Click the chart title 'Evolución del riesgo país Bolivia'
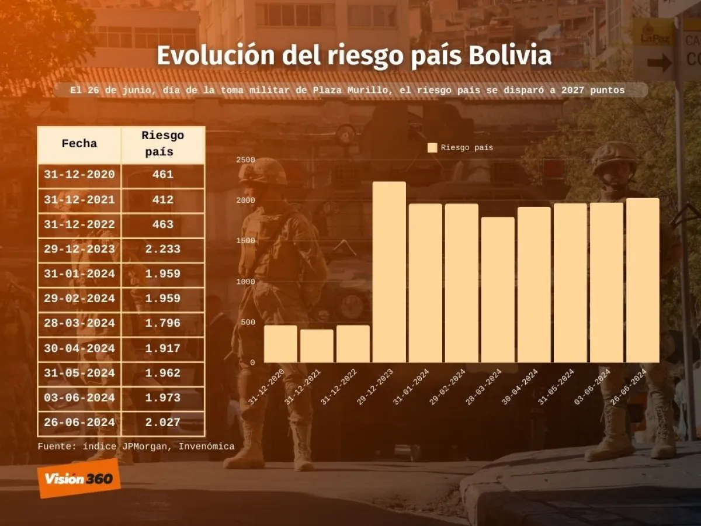[x=353, y=57]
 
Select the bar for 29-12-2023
[x=389, y=272]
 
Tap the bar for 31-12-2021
[x=317, y=346]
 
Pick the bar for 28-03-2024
[x=498, y=289]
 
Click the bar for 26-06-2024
[x=643, y=280]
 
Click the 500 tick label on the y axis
[x=248, y=322]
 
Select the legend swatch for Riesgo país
[x=432, y=148]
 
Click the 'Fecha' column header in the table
[x=79, y=144]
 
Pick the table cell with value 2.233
[x=162, y=249]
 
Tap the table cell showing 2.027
[x=162, y=422]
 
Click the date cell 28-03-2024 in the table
[x=79, y=323]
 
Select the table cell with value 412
[x=162, y=200]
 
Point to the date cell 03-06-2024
[x=79, y=397]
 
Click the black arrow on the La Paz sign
[x=659, y=63]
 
